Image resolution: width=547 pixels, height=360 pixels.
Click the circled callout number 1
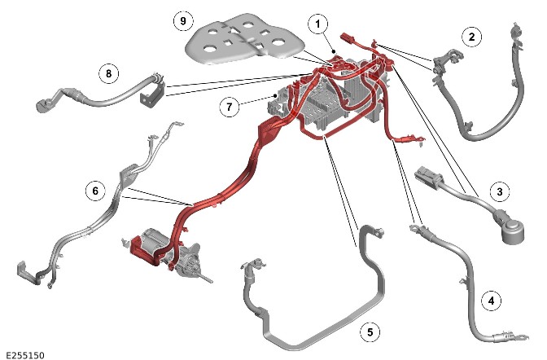pyautogui.click(x=317, y=24)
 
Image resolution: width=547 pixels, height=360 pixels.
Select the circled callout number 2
pyautogui.click(x=472, y=37)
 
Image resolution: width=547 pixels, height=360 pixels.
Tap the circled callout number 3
pyautogui.click(x=500, y=191)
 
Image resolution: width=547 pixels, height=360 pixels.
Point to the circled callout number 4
pyautogui.click(x=492, y=301)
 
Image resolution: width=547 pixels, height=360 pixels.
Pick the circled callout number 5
pyautogui.click(x=370, y=331)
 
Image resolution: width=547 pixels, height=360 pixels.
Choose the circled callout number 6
pyautogui.click(x=95, y=191)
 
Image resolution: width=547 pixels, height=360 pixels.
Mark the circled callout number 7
pyautogui.click(x=230, y=107)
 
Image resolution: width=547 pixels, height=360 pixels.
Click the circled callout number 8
pyautogui.click(x=109, y=73)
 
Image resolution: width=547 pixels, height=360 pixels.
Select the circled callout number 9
pyautogui.click(x=183, y=21)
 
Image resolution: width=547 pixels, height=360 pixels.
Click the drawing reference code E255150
pyautogui.click(x=25, y=355)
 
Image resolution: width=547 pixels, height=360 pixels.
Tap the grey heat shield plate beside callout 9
pyautogui.click(x=245, y=39)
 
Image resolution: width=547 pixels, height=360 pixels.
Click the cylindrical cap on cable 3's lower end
pyautogui.click(x=511, y=230)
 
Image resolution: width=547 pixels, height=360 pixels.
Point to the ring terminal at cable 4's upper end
pyautogui.click(x=414, y=229)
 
